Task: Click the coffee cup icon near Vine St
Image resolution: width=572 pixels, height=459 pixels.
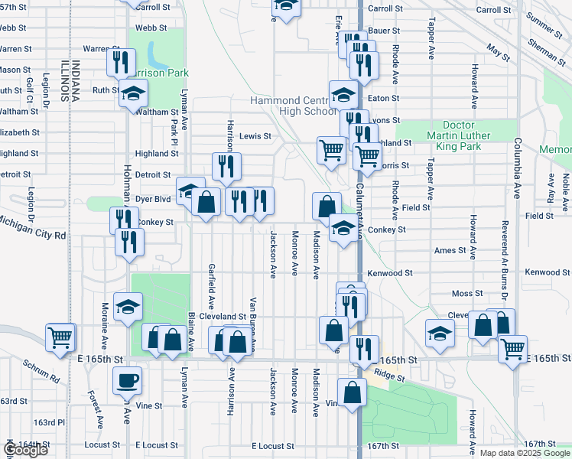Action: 127,379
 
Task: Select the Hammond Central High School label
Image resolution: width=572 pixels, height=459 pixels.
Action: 293,106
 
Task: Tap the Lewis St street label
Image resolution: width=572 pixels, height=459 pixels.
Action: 255,136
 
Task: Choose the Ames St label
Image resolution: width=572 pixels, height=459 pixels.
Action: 450,251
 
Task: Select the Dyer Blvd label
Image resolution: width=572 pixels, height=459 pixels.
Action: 152,197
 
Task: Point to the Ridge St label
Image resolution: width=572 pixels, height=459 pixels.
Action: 390,376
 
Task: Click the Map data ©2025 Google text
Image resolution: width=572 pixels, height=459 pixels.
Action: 525,453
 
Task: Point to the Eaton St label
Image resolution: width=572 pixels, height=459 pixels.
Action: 383,98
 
